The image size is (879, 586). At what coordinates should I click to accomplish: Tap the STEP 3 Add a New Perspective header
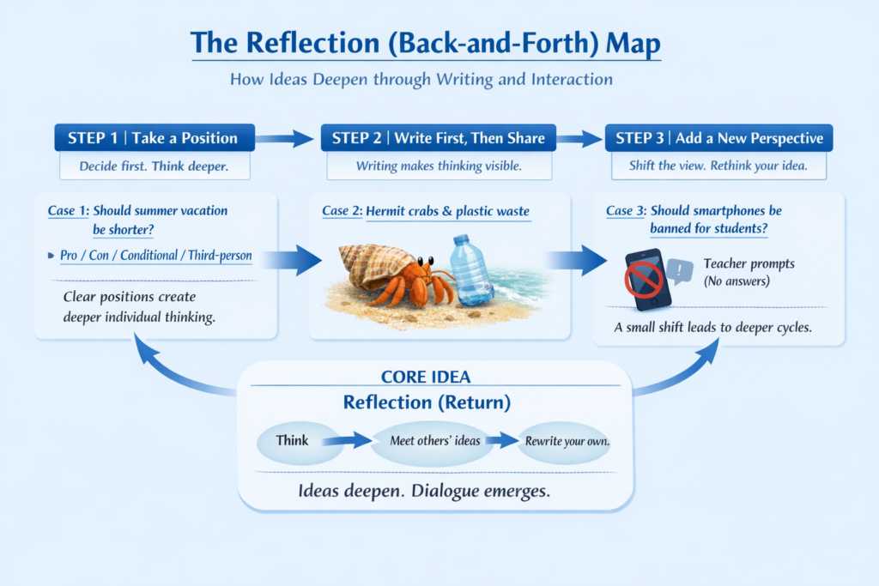coord(718,138)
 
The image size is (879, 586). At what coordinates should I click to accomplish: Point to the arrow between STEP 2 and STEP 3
coord(579,138)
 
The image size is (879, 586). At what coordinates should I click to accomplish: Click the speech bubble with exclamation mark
coord(680,272)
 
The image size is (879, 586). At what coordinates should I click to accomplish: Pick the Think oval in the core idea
coord(292,441)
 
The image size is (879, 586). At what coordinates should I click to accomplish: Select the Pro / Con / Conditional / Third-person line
coord(154,257)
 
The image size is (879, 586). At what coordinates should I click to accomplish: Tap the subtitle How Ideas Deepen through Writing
coord(421,80)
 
